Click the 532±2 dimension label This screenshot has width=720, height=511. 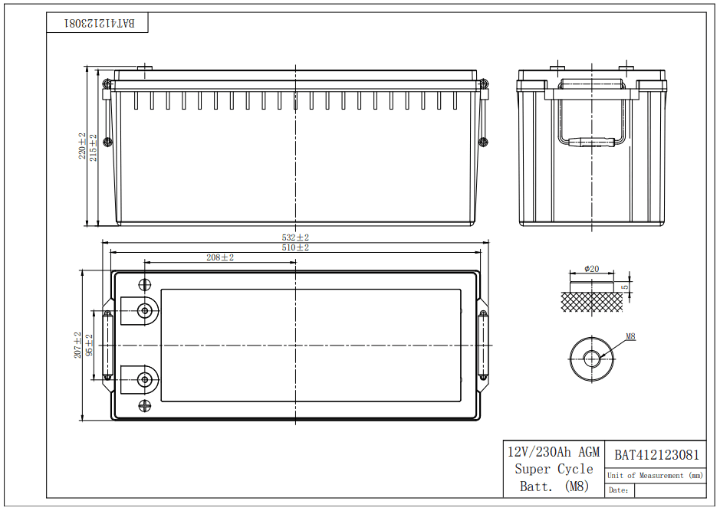coord(295,237)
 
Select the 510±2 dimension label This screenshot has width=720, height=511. coord(295,247)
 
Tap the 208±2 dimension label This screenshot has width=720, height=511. coord(220,257)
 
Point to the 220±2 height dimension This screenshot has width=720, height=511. coord(82,146)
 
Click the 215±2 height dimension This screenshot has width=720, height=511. coord(94,147)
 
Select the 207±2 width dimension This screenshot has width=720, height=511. coord(78,345)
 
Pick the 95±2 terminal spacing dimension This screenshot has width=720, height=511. coord(90,345)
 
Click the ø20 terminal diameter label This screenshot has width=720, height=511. coord(591,269)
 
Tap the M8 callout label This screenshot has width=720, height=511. coord(630,336)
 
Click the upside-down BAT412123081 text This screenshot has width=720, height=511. coord(99,23)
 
